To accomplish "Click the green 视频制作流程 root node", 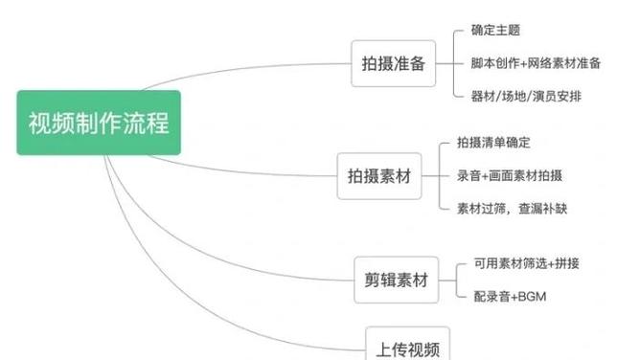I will point(99,123).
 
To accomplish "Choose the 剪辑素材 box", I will point(395,281).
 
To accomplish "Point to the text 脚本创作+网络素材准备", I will point(536,63).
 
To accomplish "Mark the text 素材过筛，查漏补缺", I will point(512,208).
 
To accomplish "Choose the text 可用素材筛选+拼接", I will point(532,263).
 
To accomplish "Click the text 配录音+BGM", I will point(508,298).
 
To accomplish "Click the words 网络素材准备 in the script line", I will point(564,63).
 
